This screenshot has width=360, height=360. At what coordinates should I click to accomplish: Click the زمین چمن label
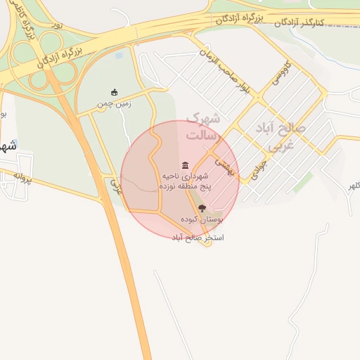point(114,105)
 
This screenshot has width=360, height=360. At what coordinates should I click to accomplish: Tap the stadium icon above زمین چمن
point(115,92)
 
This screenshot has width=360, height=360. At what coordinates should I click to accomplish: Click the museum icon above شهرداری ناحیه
point(184,165)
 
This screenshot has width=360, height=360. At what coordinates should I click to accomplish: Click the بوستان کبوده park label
point(202,220)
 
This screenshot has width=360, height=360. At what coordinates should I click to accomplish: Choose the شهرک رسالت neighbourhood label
point(202,126)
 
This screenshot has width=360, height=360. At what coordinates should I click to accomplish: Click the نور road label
point(57,25)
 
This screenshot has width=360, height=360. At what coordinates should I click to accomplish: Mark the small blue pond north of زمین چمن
point(118,54)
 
